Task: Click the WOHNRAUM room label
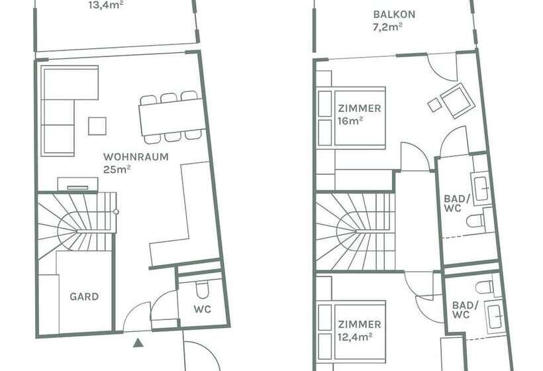(135, 157)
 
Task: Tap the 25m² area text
(117, 169)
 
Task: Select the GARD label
(84, 296)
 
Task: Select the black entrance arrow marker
(137, 343)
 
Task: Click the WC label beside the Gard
(202, 310)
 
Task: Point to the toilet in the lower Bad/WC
(487, 287)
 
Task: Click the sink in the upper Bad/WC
(480, 189)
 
